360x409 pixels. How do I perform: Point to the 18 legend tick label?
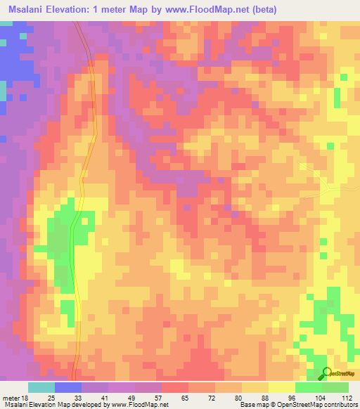point(27,397)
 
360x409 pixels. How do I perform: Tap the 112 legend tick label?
point(347,397)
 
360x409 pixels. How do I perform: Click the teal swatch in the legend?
point(41,387)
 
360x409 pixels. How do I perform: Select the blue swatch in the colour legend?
point(68,387)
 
